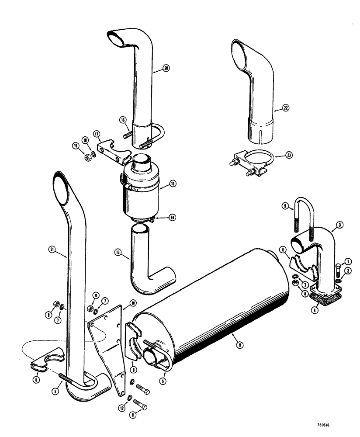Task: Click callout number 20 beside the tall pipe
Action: click(166, 68)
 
